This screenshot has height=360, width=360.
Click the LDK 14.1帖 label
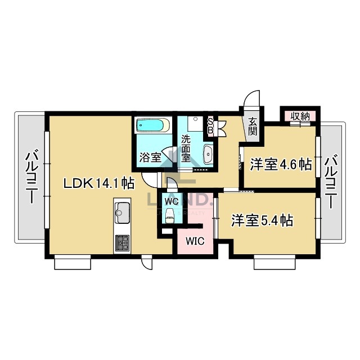pos(98,183)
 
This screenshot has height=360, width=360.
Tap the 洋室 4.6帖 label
pos(281,164)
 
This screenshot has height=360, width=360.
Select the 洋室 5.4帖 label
pos(262,220)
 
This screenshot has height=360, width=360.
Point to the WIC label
pos(195,242)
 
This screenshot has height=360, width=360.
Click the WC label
pos(170,200)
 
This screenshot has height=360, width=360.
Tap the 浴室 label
pos(150,157)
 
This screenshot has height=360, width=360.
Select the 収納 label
pos(300,116)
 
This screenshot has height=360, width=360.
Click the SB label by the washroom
pos(210,127)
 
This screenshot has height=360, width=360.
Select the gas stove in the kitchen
pos(123,243)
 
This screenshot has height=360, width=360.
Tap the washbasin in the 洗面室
pos(208,153)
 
